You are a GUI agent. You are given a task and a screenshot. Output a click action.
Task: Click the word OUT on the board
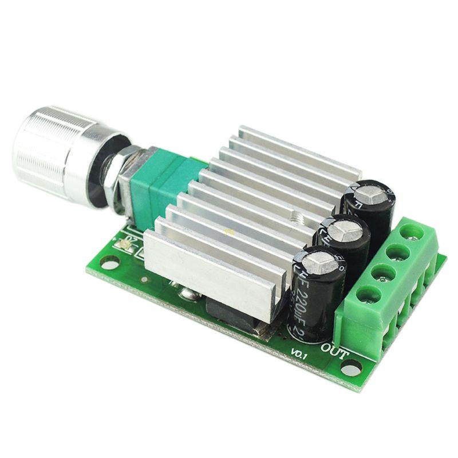coord(334,350)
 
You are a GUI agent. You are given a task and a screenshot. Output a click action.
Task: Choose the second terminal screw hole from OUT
coord(381,274)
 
